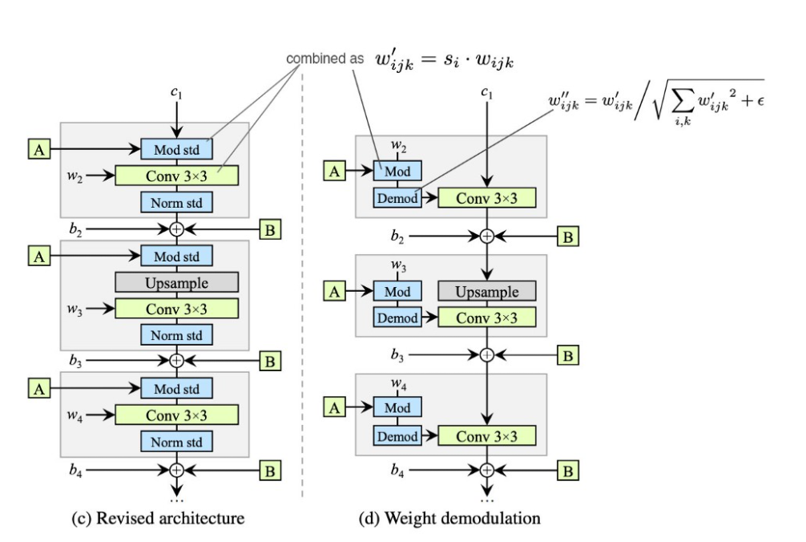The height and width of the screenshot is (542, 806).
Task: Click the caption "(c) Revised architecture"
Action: [158, 518]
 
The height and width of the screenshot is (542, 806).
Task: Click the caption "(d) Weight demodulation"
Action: [449, 518]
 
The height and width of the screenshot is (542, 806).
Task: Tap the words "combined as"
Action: [324, 59]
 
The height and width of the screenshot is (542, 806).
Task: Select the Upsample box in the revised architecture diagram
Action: [177, 282]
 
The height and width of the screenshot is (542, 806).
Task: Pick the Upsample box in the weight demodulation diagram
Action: [487, 291]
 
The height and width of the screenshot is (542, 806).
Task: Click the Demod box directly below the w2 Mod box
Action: [397, 198]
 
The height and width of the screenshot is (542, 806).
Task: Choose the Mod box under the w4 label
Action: [397, 406]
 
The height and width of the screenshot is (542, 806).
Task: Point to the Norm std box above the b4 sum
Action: [176, 442]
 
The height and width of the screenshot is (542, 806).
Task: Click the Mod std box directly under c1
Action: [176, 149]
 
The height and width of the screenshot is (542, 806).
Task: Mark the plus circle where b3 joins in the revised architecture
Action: [176, 361]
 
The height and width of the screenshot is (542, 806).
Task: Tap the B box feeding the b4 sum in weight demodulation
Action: [568, 470]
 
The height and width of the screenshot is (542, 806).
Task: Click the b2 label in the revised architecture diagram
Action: [75, 229]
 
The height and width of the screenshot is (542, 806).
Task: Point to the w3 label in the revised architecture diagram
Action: [75, 309]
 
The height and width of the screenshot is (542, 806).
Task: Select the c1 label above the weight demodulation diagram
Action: [486, 92]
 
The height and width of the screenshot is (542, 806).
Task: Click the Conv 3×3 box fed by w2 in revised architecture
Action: [177, 176]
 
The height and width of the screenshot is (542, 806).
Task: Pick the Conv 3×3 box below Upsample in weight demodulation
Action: [487, 318]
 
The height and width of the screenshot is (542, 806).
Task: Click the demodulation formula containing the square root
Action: [656, 102]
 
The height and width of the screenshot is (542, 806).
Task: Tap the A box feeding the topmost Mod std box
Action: [39, 149]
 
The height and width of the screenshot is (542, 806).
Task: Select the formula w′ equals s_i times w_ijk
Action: [445, 60]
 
